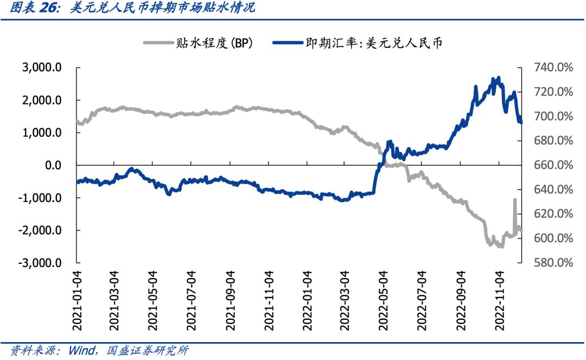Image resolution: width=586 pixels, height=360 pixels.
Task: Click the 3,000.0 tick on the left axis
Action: [41, 68]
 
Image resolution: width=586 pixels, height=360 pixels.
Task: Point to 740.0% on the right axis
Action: [553, 68]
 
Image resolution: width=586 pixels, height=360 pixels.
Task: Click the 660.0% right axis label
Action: [553, 165]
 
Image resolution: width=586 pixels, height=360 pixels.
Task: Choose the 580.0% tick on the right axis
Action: [553, 263]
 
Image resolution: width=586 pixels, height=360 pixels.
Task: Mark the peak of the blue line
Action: [498, 78]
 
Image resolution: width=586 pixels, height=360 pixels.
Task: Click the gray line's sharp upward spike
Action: [514, 200]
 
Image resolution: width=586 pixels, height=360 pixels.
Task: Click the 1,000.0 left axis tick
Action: [41, 133]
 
